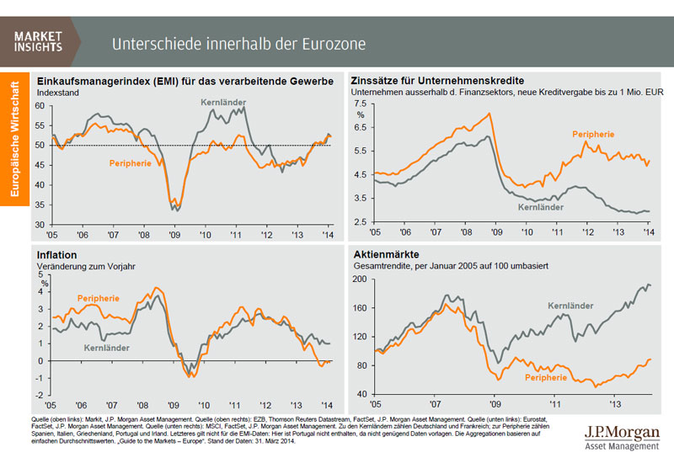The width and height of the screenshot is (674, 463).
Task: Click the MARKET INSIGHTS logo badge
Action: (x=40, y=40)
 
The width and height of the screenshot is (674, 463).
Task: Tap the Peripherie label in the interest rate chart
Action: (x=592, y=135)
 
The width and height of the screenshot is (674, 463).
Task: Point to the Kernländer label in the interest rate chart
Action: (x=539, y=205)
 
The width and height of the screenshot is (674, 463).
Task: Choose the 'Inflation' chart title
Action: (x=57, y=253)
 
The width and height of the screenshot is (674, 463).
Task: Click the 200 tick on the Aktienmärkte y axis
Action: (x=361, y=279)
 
